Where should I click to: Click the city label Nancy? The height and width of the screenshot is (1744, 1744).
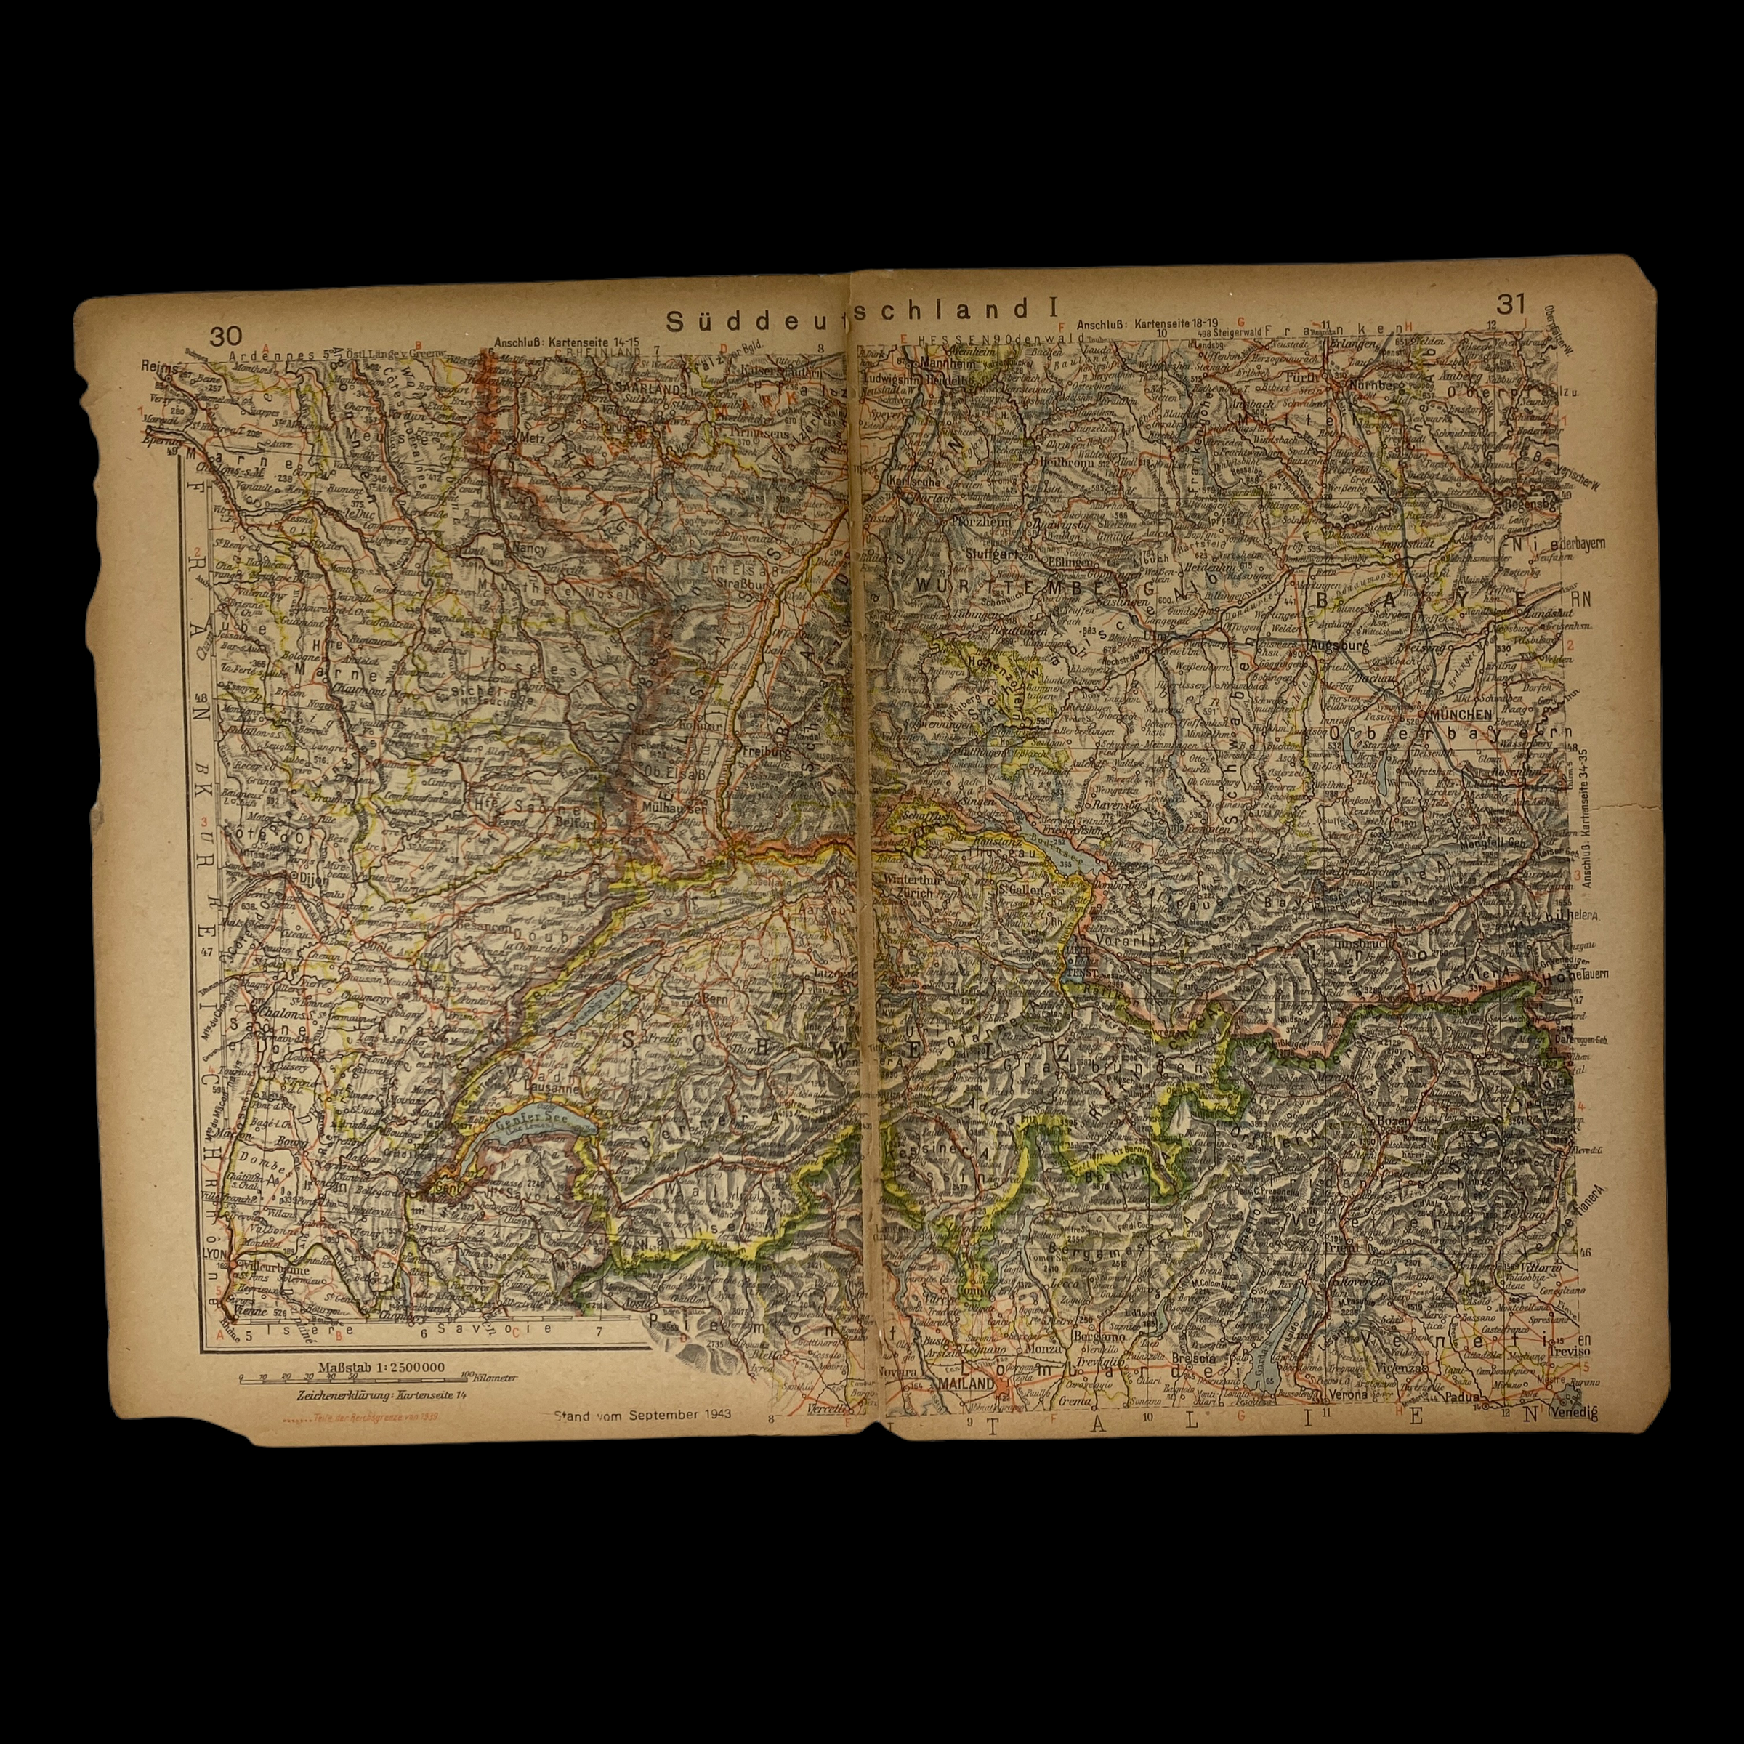(x=522, y=547)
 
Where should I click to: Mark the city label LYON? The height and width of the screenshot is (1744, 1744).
(x=215, y=1255)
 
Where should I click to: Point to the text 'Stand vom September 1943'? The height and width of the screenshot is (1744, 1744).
(x=642, y=1415)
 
